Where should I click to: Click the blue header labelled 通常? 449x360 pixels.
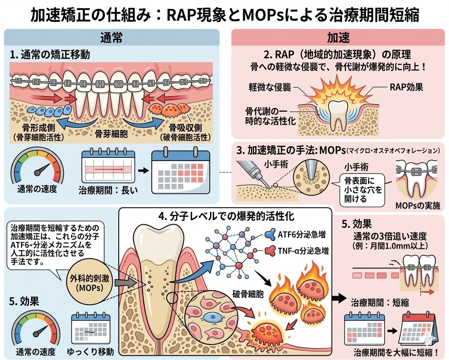point(111,38)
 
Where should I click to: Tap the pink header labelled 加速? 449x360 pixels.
point(338,38)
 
